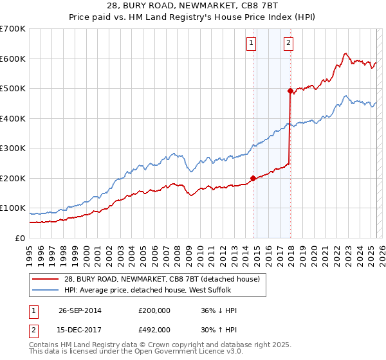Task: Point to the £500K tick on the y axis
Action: (13, 88)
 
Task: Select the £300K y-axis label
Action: (13, 148)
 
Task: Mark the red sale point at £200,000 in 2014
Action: (253, 178)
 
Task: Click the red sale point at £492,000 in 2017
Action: (290, 91)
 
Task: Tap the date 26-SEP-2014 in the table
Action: (80, 310)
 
